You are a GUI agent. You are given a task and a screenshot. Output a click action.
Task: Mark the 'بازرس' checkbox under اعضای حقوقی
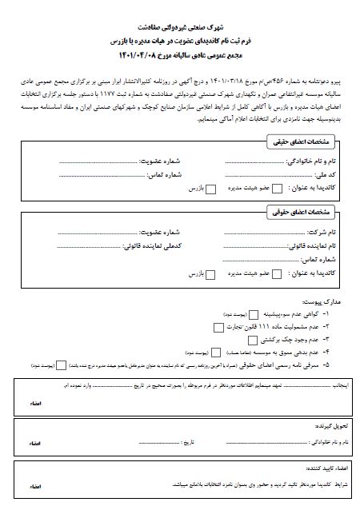tap(210, 274)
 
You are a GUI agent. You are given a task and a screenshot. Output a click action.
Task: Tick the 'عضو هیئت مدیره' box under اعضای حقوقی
tap(277, 274)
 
